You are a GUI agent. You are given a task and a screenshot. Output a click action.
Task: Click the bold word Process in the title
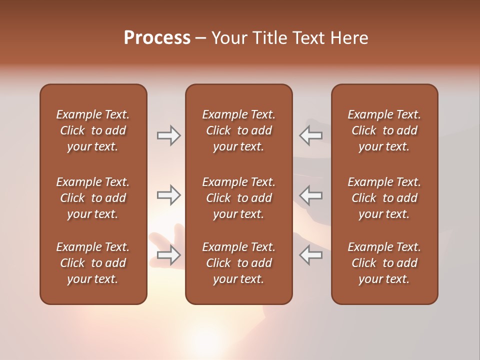(157, 38)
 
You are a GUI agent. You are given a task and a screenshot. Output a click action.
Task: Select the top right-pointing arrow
(168, 135)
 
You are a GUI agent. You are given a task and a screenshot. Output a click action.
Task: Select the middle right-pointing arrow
(168, 195)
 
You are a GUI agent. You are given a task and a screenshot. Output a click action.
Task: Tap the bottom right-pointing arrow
(168, 255)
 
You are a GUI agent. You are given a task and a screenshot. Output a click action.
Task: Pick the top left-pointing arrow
(311, 135)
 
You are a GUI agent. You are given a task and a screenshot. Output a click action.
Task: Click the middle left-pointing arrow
(311, 195)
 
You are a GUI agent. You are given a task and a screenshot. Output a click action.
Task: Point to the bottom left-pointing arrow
(311, 255)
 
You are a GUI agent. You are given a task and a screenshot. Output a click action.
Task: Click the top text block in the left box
(93, 130)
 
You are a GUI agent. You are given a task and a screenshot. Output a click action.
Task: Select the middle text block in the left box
(93, 198)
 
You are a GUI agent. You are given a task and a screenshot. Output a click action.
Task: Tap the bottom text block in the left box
(93, 263)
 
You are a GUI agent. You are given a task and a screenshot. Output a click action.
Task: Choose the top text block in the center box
(238, 130)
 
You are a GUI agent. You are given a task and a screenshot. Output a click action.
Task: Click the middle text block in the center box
(238, 198)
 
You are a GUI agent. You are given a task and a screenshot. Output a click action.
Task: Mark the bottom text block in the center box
(238, 263)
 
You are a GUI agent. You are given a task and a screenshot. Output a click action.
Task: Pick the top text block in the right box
(384, 130)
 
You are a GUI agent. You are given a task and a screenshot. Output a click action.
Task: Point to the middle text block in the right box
(384, 198)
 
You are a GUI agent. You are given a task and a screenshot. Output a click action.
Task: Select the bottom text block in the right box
(384, 263)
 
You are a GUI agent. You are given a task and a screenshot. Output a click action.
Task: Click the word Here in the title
(349, 38)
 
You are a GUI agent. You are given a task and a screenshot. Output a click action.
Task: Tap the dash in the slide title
(200, 38)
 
